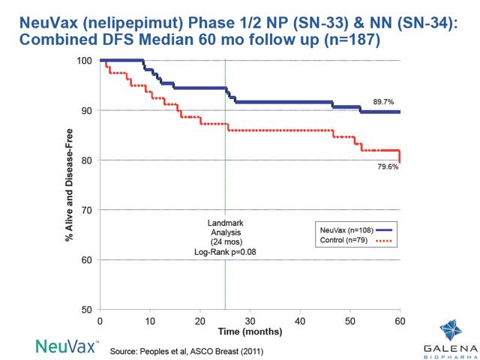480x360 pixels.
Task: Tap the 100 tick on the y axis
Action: (x=85, y=61)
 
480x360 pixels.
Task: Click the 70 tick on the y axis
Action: (x=87, y=210)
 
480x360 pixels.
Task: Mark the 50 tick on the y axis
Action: (x=87, y=310)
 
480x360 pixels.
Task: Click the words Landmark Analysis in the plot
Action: (x=225, y=229)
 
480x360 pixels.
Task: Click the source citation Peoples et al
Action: (x=186, y=350)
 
